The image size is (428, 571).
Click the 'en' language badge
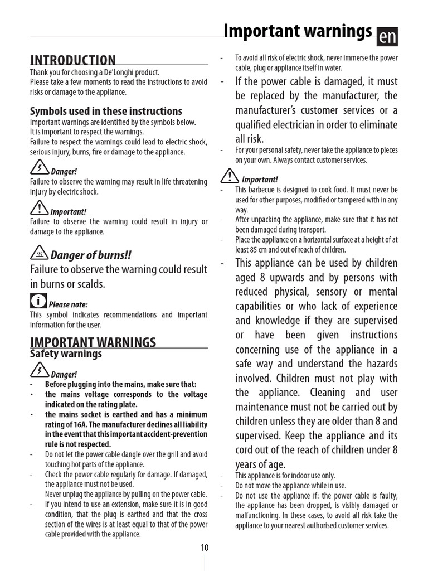[x=387, y=37]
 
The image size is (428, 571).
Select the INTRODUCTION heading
[x=73, y=60]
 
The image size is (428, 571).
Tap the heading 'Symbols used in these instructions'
[x=106, y=111]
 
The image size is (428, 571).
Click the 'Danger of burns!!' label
[x=91, y=255]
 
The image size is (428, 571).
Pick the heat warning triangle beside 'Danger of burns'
[x=39, y=254]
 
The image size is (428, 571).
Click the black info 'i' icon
[x=38, y=301]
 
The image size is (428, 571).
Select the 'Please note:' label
[x=68, y=304]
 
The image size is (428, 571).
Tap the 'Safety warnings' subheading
[x=66, y=354]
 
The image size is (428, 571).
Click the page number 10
[x=205, y=548]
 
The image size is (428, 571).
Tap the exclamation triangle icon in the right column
[x=229, y=176]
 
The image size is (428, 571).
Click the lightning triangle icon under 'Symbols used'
[x=39, y=167]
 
